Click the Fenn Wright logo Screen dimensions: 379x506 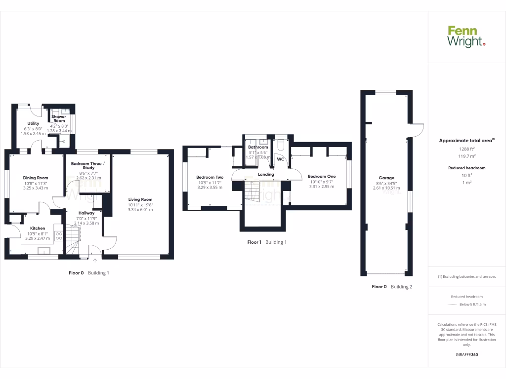tap(466, 37)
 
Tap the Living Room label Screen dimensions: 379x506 tap(140, 199)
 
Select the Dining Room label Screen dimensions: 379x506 tap(35, 178)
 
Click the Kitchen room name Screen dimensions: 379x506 tap(38, 228)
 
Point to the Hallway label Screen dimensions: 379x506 tap(86, 213)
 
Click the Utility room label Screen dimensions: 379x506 tap(33, 123)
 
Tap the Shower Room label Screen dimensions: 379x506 tap(59, 119)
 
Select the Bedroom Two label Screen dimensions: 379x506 tap(210, 177)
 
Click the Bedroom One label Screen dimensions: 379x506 tap(322, 176)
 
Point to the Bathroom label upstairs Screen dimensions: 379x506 tap(258, 147)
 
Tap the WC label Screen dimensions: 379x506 tap(280, 159)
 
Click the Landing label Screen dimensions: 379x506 tap(266, 174)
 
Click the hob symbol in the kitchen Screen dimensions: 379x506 tap(58, 236)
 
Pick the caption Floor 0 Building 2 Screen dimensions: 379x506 tap(392, 287)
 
